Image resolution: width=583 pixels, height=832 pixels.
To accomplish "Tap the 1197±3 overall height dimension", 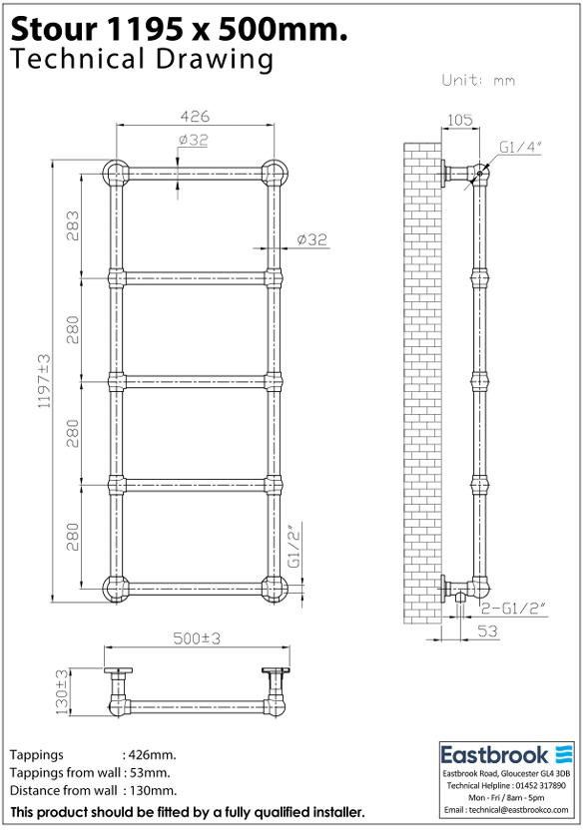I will click(43, 381).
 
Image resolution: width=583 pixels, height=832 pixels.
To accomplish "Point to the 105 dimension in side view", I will click(459, 120).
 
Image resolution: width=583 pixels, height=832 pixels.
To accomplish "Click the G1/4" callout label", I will click(520, 147).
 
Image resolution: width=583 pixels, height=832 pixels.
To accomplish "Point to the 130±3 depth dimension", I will click(61, 692).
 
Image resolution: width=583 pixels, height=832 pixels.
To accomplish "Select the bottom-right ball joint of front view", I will click(273, 589).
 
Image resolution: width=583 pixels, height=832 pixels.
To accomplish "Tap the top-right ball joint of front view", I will click(273, 172).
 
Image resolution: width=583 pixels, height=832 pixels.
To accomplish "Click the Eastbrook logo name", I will click(496, 753).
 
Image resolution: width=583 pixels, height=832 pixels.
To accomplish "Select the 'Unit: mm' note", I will click(478, 80).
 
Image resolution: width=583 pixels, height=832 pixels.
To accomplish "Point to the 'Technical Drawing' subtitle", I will click(141, 60).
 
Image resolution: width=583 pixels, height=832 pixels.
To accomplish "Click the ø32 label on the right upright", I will click(311, 239).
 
